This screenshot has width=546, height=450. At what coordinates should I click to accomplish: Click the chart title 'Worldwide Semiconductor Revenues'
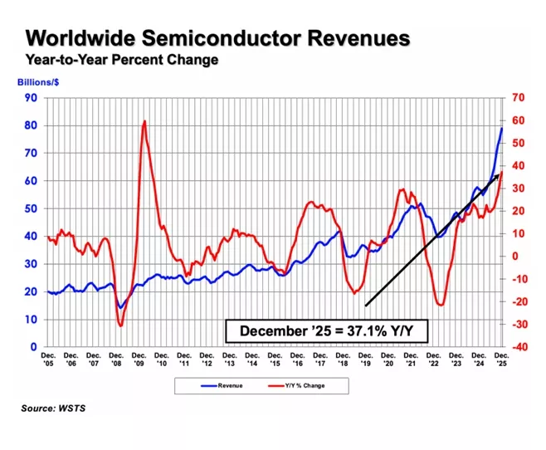[x=217, y=38]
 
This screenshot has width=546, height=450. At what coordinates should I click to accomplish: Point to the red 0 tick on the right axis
[x=514, y=257]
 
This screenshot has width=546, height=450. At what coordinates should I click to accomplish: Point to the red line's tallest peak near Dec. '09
[x=144, y=121]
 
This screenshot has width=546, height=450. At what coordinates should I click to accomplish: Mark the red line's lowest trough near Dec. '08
[x=120, y=325]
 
